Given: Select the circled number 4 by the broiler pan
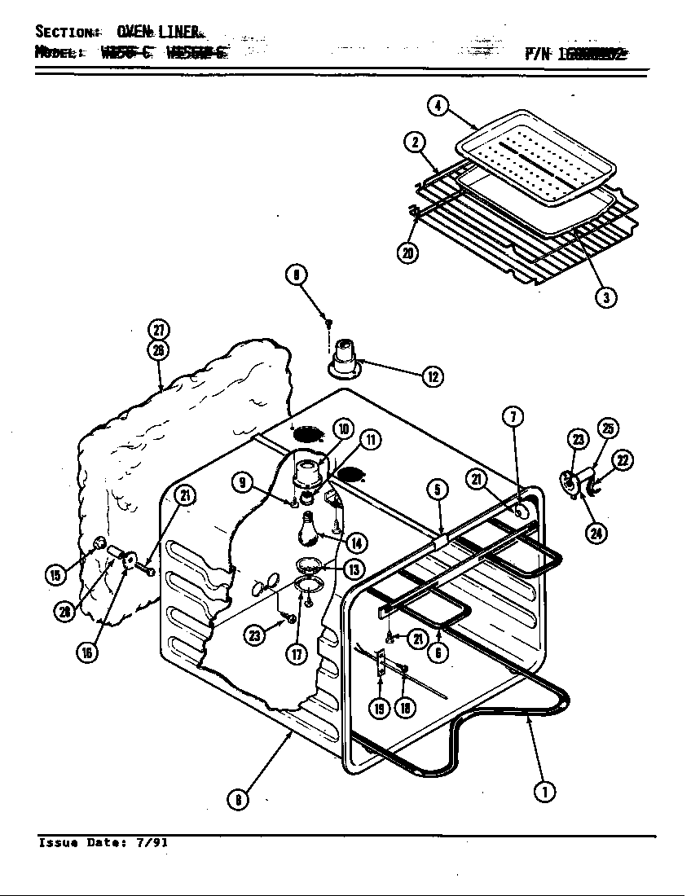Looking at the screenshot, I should [x=438, y=106].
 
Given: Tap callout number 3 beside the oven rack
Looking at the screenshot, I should [x=605, y=297].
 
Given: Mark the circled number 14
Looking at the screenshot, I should [x=354, y=542].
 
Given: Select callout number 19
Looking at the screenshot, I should [x=380, y=709].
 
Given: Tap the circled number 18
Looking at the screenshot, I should [x=406, y=709].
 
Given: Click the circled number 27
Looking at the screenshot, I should [x=158, y=330].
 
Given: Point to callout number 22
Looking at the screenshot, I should [x=622, y=460].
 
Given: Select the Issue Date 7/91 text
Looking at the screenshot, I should [x=103, y=843].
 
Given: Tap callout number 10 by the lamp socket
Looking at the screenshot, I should [x=342, y=428].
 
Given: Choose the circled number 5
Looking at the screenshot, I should [x=438, y=490].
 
